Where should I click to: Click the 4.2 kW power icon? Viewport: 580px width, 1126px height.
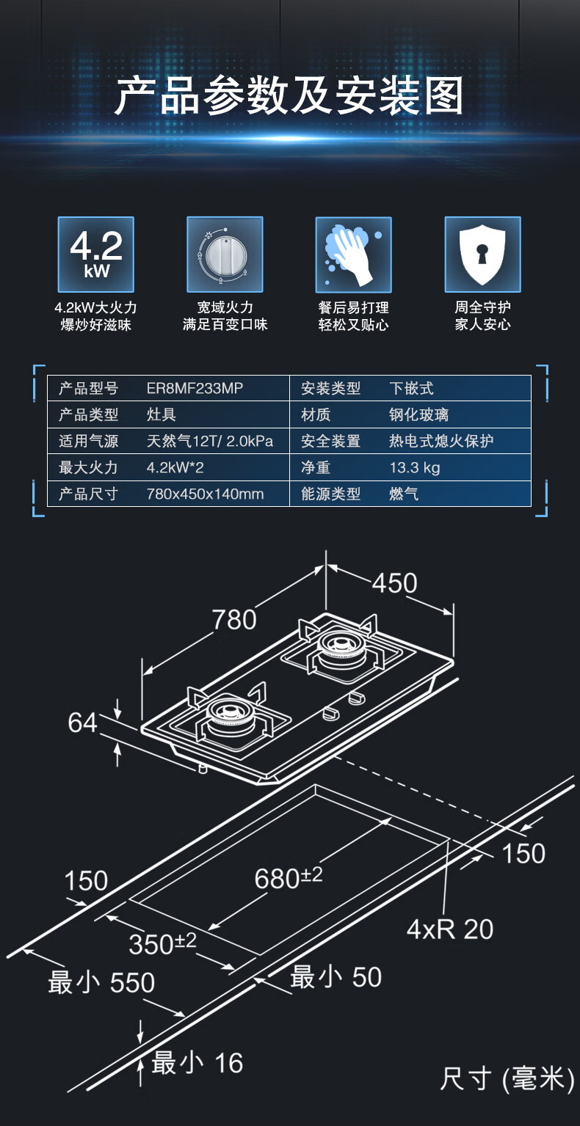[x=95, y=255]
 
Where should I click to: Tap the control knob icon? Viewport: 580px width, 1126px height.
[x=225, y=255]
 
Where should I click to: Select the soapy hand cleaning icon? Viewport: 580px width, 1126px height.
[x=354, y=255]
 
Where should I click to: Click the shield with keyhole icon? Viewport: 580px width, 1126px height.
[x=482, y=255]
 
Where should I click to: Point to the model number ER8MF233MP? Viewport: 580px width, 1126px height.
[x=195, y=388]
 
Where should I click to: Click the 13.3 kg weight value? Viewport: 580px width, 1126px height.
[x=415, y=467]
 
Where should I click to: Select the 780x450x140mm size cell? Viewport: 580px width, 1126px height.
[x=206, y=494]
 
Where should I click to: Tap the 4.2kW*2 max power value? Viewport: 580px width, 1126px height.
[x=175, y=467]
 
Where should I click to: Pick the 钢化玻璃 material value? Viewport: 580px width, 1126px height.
[x=418, y=414]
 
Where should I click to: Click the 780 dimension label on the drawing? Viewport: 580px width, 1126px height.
[x=234, y=620]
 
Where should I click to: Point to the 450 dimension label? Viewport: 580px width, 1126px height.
[x=395, y=583]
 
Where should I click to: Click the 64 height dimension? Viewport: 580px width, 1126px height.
[x=82, y=723]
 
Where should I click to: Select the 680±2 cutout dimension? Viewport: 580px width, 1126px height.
[x=289, y=877]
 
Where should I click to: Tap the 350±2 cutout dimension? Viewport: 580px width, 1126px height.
[x=162, y=943]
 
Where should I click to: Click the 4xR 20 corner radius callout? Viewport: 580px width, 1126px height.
[x=450, y=929]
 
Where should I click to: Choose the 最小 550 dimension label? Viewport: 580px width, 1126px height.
[x=101, y=983]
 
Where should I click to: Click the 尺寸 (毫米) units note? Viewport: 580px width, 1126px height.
[x=507, y=1078]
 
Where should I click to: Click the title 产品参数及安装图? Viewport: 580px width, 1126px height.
[x=289, y=95]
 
